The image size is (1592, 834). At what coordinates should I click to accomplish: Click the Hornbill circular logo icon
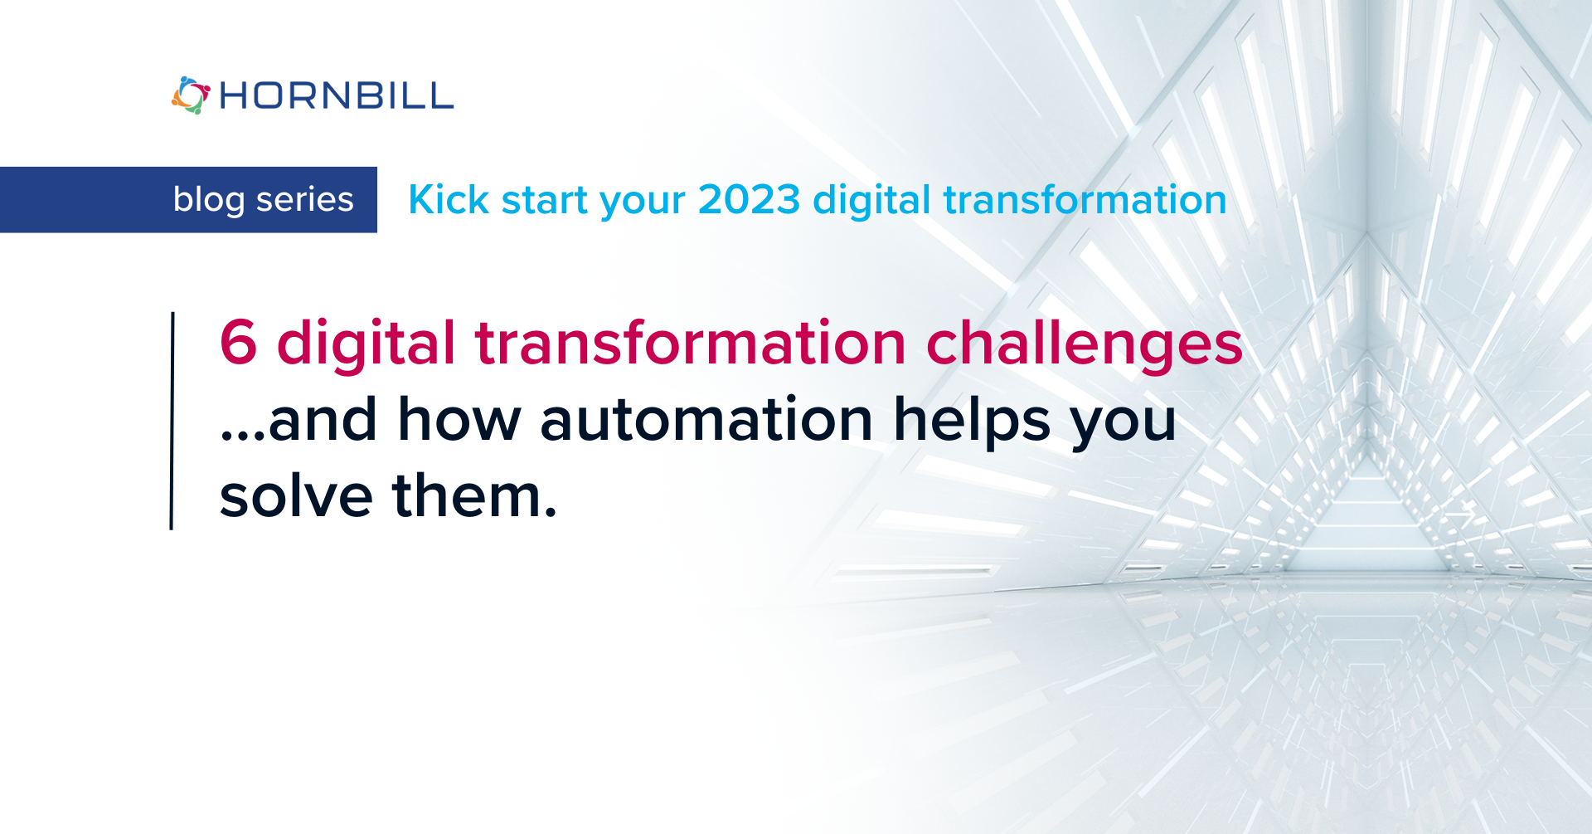click(190, 95)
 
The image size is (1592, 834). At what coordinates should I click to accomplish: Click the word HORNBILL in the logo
click(336, 96)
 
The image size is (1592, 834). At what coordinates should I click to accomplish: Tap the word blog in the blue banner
click(209, 200)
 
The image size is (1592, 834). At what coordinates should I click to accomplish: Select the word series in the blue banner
click(304, 200)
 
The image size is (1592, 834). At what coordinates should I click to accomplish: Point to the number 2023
click(749, 200)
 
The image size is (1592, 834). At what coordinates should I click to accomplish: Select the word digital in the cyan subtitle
click(871, 201)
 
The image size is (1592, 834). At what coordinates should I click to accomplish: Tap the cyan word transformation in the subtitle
click(1085, 200)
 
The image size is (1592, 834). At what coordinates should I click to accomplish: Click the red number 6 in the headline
click(238, 342)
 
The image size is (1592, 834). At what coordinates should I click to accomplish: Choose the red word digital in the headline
click(366, 344)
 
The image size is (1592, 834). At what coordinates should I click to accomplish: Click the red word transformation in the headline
click(690, 342)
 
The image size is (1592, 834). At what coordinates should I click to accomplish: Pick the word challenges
click(1084, 344)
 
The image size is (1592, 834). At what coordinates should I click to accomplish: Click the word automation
click(706, 419)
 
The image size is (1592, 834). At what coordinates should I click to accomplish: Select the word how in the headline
click(459, 419)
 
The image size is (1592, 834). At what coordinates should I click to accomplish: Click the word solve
click(296, 495)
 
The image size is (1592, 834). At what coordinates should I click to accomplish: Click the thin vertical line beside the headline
click(172, 421)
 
